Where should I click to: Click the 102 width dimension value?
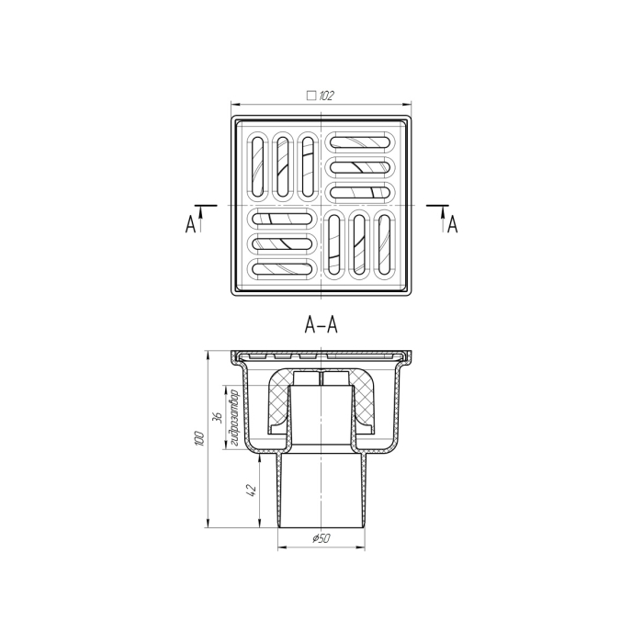326,96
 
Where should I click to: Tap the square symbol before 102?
311,96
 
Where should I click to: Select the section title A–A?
321,325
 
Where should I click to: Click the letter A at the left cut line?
190,225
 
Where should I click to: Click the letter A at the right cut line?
452,225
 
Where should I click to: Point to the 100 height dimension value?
199,438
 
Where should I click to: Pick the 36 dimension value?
218,417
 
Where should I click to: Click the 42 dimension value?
252,491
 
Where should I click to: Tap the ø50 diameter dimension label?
321,538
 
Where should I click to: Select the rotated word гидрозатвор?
234,417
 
